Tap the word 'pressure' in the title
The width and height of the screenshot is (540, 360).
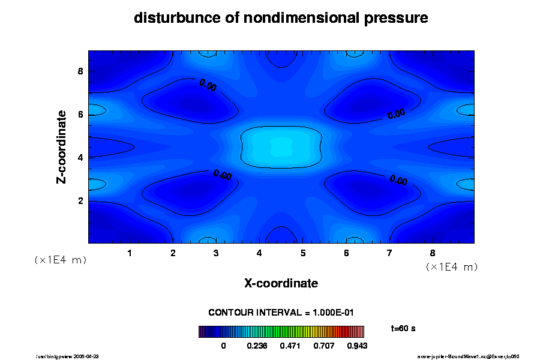tap(397, 18)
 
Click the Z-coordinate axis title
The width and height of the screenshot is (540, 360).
tap(61, 146)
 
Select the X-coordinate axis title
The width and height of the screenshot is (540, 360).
tap(281, 283)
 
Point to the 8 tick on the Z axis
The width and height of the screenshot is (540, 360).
tap(80, 71)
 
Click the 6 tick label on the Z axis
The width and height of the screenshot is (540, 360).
tap(80, 115)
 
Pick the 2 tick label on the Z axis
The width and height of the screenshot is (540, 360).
tap(80, 200)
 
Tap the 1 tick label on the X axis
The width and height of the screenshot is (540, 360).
tap(130, 253)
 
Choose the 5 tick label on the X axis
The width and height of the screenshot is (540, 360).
tap(303, 253)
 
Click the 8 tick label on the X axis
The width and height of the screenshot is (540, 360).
tap(433, 253)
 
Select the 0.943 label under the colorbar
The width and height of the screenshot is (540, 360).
tap(356, 346)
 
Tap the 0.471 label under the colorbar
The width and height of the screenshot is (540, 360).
tap(291, 346)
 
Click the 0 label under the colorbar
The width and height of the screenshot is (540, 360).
tap(224, 346)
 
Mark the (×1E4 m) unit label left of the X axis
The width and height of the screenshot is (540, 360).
tap(60, 260)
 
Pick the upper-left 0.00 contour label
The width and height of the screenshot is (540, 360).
tap(208, 85)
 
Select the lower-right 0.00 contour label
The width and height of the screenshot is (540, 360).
tap(398, 180)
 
